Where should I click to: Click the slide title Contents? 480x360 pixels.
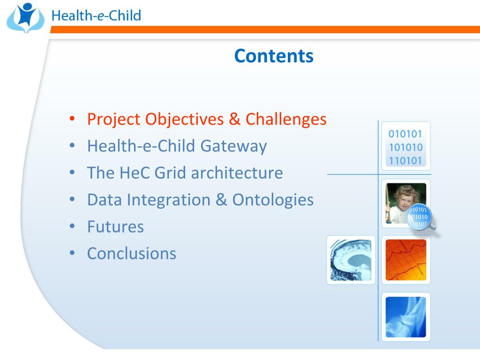pos(274,56)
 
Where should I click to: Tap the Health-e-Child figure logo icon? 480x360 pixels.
pos(25,18)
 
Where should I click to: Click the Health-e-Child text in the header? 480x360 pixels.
pos(96,15)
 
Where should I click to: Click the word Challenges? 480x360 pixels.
pos(286,120)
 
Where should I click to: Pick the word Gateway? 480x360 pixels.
pos(233,146)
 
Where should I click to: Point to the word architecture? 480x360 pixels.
pos(237,172)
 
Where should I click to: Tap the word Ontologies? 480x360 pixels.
pos(273,200)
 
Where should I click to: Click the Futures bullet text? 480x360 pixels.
pos(115,227)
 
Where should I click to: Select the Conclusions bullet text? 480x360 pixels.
pos(132,254)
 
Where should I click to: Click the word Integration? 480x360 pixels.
pos(169,200)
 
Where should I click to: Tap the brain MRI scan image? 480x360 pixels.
pos(351,260)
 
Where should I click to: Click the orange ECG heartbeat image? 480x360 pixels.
pos(406,260)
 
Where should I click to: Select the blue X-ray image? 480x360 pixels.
pos(406,317)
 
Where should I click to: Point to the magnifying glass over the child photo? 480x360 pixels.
pos(420,217)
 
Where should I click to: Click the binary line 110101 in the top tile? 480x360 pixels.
pos(405,160)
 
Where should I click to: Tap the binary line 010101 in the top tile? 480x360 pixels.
pos(405,134)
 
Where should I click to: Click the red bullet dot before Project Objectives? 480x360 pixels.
pos(72,119)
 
